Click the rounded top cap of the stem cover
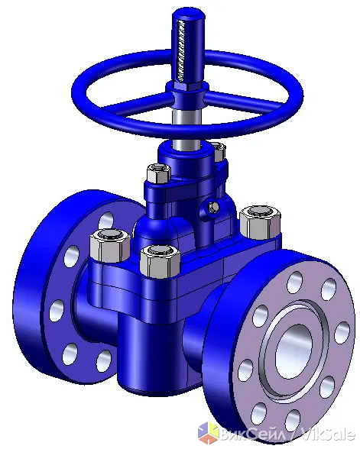tap(188, 14)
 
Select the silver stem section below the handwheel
tap(186, 129)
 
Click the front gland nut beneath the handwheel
tap(158, 173)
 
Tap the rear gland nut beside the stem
tap(219, 152)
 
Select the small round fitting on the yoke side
tap(212, 207)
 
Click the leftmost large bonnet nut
tap(110, 246)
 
